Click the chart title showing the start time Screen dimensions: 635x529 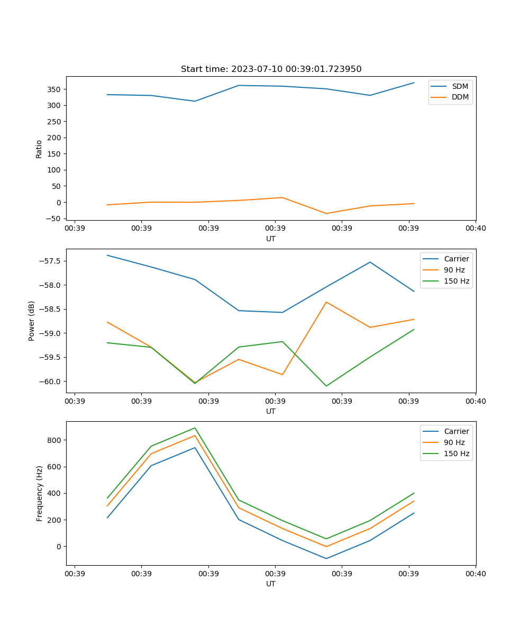pyautogui.click(x=271, y=69)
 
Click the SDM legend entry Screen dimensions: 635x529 pyautogui.click(x=460, y=86)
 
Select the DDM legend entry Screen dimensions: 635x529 pyautogui.click(x=460, y=97)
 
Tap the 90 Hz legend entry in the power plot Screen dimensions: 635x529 pyautogui.click(x=454, y=270)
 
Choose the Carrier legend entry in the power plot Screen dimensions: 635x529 pyautogui.click(x=456, y=259)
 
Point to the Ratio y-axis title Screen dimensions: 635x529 pyautogui.click(x=39, y=149)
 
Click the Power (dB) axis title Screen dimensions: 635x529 pyautogui.click(x=32, y=321)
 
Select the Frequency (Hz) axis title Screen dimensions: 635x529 pyautogui.click(x=39, y=493)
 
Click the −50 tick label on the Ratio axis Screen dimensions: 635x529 pyautogui.click(x=53, y=219)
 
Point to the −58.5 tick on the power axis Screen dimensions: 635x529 pyautogui.click(x=50, y=310)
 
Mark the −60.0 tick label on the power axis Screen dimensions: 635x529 pyautogui.click(x=50, y=382)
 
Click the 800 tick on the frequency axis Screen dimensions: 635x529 pyautogui.click(x=54, y=440)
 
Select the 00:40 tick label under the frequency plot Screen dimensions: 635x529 pyautogui.click(x=475, y=573)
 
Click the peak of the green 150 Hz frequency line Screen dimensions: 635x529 pyautogui.click(x=195, y=428)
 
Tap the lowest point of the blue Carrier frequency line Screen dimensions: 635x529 pyautogui.click(x=326, y=558)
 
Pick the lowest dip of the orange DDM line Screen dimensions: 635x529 pyautogui.click(x=326, y=213)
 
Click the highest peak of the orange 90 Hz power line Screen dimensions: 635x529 pyautogui.click(x=326, y=302)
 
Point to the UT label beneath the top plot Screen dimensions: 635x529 pyautogui.click(x=271, y=239)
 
